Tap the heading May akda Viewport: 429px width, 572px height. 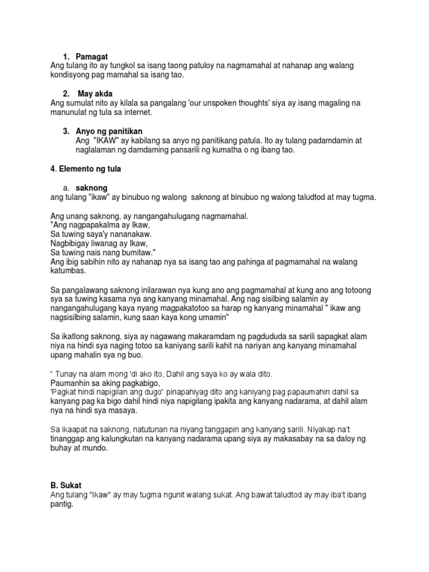(x=96, y=93)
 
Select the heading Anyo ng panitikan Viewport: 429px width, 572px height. (x=104, y=131)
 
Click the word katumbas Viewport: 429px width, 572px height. (x=69, y=270)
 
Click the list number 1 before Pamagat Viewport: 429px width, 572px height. (x=65, y=57)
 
